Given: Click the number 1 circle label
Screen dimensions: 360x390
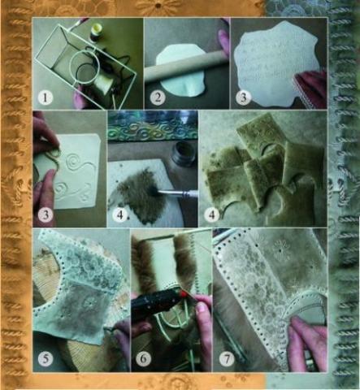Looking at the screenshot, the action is [x=45, y=97].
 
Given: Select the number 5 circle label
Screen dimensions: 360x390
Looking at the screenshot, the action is [x=46, y=358].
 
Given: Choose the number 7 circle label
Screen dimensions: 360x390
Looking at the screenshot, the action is [x=227, y=359].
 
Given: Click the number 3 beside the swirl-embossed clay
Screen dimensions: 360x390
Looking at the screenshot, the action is [x=46, y=214].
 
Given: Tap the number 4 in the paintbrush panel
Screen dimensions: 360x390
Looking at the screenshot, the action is [x=120, y=215].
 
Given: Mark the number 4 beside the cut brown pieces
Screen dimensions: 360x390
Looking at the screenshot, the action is [x=212, y=214].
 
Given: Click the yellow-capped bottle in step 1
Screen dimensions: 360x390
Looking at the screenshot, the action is [x=95, y=33].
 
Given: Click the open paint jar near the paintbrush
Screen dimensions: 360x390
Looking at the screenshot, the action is [x=184, y=157].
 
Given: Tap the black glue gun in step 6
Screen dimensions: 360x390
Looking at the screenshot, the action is [x=157, y=306].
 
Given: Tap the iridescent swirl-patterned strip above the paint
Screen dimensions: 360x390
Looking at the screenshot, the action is [x=153, y=132].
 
